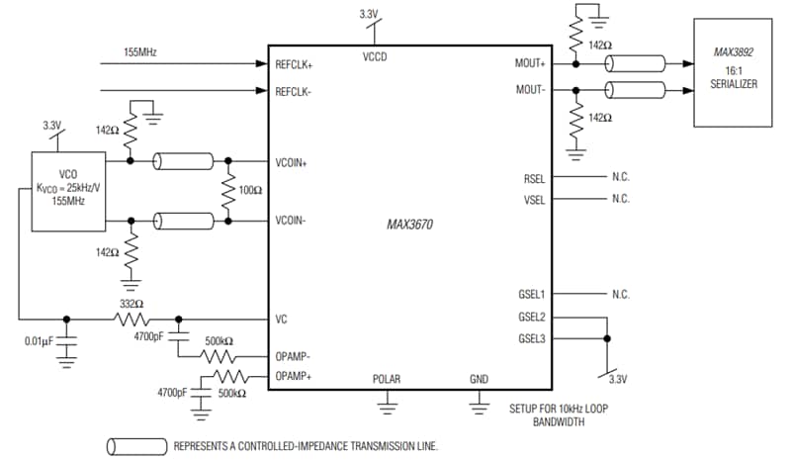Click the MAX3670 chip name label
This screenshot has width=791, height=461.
click(409, 225)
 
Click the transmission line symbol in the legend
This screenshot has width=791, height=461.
click(134, 446)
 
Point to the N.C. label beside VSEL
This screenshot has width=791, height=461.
click(620, 199)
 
